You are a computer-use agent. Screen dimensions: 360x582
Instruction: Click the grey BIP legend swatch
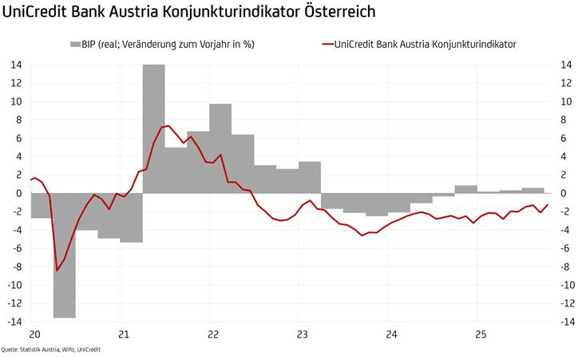[77, 44]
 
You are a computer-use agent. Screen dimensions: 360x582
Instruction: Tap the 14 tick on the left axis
[16, 65]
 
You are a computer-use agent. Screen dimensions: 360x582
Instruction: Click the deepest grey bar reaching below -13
[64, 255]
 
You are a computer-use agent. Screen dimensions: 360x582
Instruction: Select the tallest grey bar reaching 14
[153, 128]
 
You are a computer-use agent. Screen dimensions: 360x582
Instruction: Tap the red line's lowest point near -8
[57, 270]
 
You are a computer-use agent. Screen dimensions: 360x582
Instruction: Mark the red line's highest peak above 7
[167, 125]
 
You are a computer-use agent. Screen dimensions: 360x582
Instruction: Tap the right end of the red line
[548, 204]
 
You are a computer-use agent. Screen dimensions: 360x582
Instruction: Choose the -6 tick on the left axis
[16, 248]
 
